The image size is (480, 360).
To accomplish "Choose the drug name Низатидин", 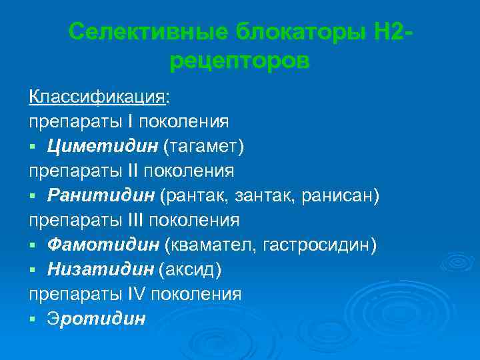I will [x=101, y=269].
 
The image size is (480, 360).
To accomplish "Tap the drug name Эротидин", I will [x=96, y=319].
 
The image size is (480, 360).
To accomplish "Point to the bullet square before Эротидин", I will [x=33, y=319].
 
